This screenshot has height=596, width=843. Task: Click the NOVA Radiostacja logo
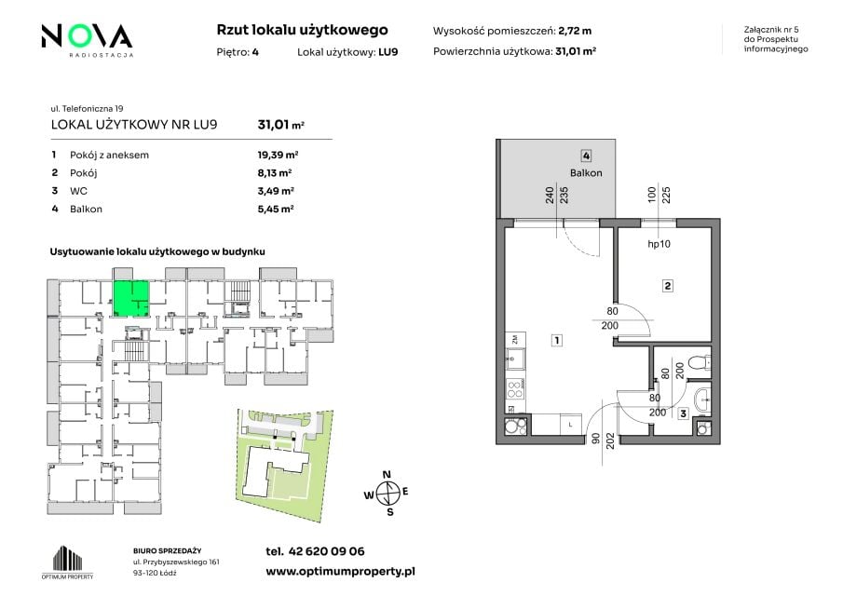[x=88, y=40]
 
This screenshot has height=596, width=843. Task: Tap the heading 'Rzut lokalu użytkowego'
[x=302, y=30]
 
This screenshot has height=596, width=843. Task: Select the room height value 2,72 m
[x=575, y=31]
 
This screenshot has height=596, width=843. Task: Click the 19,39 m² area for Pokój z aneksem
[x=278, y=155]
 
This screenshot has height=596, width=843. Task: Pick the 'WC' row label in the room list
[x=78, y=191]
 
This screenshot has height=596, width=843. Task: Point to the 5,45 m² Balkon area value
[x=276, y=209]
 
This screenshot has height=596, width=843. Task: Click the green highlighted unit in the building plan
[x=130, y=299]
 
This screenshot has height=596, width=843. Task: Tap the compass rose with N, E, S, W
[x=388, y=493]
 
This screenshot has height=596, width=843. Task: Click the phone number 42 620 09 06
[x=326, y=551]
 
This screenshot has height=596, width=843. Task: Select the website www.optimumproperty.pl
[x=340, y=572]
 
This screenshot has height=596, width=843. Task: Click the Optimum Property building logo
[x=68, y=562]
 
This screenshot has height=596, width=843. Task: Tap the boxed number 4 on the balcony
[x=586, y=156]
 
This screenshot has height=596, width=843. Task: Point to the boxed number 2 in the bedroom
[x=667, y=286]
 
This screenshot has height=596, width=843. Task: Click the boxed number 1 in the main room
[x=557, y=340]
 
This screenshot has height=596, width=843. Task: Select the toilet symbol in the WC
[x=701, y=363]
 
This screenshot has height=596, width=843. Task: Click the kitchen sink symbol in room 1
[x=516, y=359]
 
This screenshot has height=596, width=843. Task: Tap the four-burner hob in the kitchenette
[x=516, y=389]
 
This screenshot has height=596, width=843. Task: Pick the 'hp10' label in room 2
[x=659, y=244]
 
